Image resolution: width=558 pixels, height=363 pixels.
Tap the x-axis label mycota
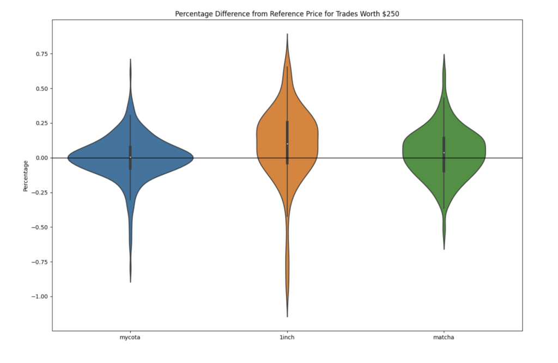[x=130, y=338]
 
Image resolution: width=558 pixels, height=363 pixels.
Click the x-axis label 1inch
[x=287, y=338]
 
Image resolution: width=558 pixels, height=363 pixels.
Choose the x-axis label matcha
[x=444, y=338]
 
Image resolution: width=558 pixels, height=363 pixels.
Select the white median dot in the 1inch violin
[x=287, y=144]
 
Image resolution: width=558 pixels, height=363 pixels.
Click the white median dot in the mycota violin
[x=130, y=157]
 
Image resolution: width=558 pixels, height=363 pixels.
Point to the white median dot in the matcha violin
[x=444, y=153]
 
